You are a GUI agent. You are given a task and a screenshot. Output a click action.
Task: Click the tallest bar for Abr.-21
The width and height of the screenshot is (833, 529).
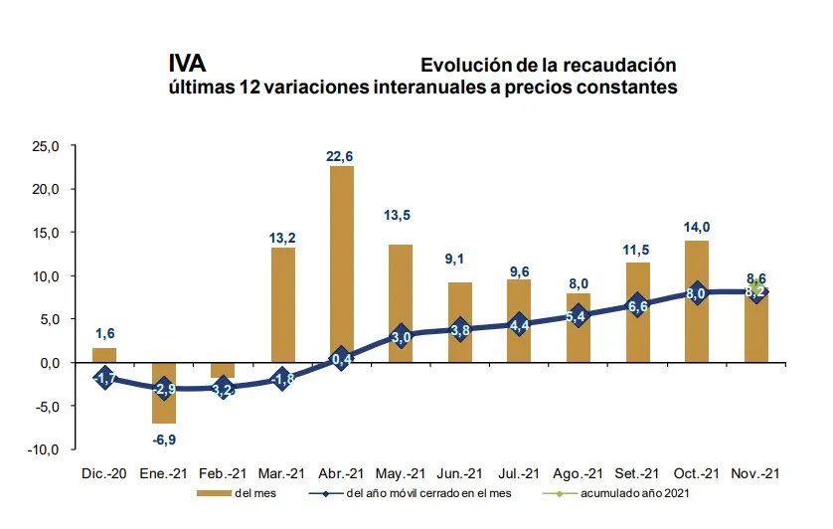tap(342, 264)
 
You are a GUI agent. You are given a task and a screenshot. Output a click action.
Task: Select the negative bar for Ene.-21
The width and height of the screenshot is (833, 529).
tap(163, 393)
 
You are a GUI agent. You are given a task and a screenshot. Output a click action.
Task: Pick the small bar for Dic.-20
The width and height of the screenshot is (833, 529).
tap(104, 355)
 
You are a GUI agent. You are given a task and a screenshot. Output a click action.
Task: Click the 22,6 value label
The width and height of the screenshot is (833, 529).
tap(342, 155)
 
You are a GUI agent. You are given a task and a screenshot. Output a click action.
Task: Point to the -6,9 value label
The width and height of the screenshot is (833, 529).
tap(163, 438)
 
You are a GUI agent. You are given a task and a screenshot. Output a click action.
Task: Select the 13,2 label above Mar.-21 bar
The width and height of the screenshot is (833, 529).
tap(283, 238)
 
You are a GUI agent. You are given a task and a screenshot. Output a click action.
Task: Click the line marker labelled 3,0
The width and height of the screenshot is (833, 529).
tap(401, 336)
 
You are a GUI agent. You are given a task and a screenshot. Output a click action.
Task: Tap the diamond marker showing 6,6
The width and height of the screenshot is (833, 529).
tap(637, 305)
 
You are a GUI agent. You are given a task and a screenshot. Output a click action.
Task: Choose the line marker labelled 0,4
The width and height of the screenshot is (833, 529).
tap(342, 359)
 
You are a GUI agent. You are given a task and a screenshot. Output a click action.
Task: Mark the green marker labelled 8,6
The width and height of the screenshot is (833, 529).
tap(755, 286)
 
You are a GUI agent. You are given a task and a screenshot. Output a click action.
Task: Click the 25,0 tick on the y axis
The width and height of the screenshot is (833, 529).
tap(47, 146)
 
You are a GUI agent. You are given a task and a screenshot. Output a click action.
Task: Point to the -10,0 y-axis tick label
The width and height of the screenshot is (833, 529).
tap(45, 449)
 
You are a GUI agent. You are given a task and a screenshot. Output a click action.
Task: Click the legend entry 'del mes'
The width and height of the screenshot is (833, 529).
tap(245, 492)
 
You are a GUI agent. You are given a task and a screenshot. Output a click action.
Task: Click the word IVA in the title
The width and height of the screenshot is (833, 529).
tap(187, 65)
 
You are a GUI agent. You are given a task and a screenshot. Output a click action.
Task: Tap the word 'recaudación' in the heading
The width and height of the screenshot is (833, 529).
tap(617, 66)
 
